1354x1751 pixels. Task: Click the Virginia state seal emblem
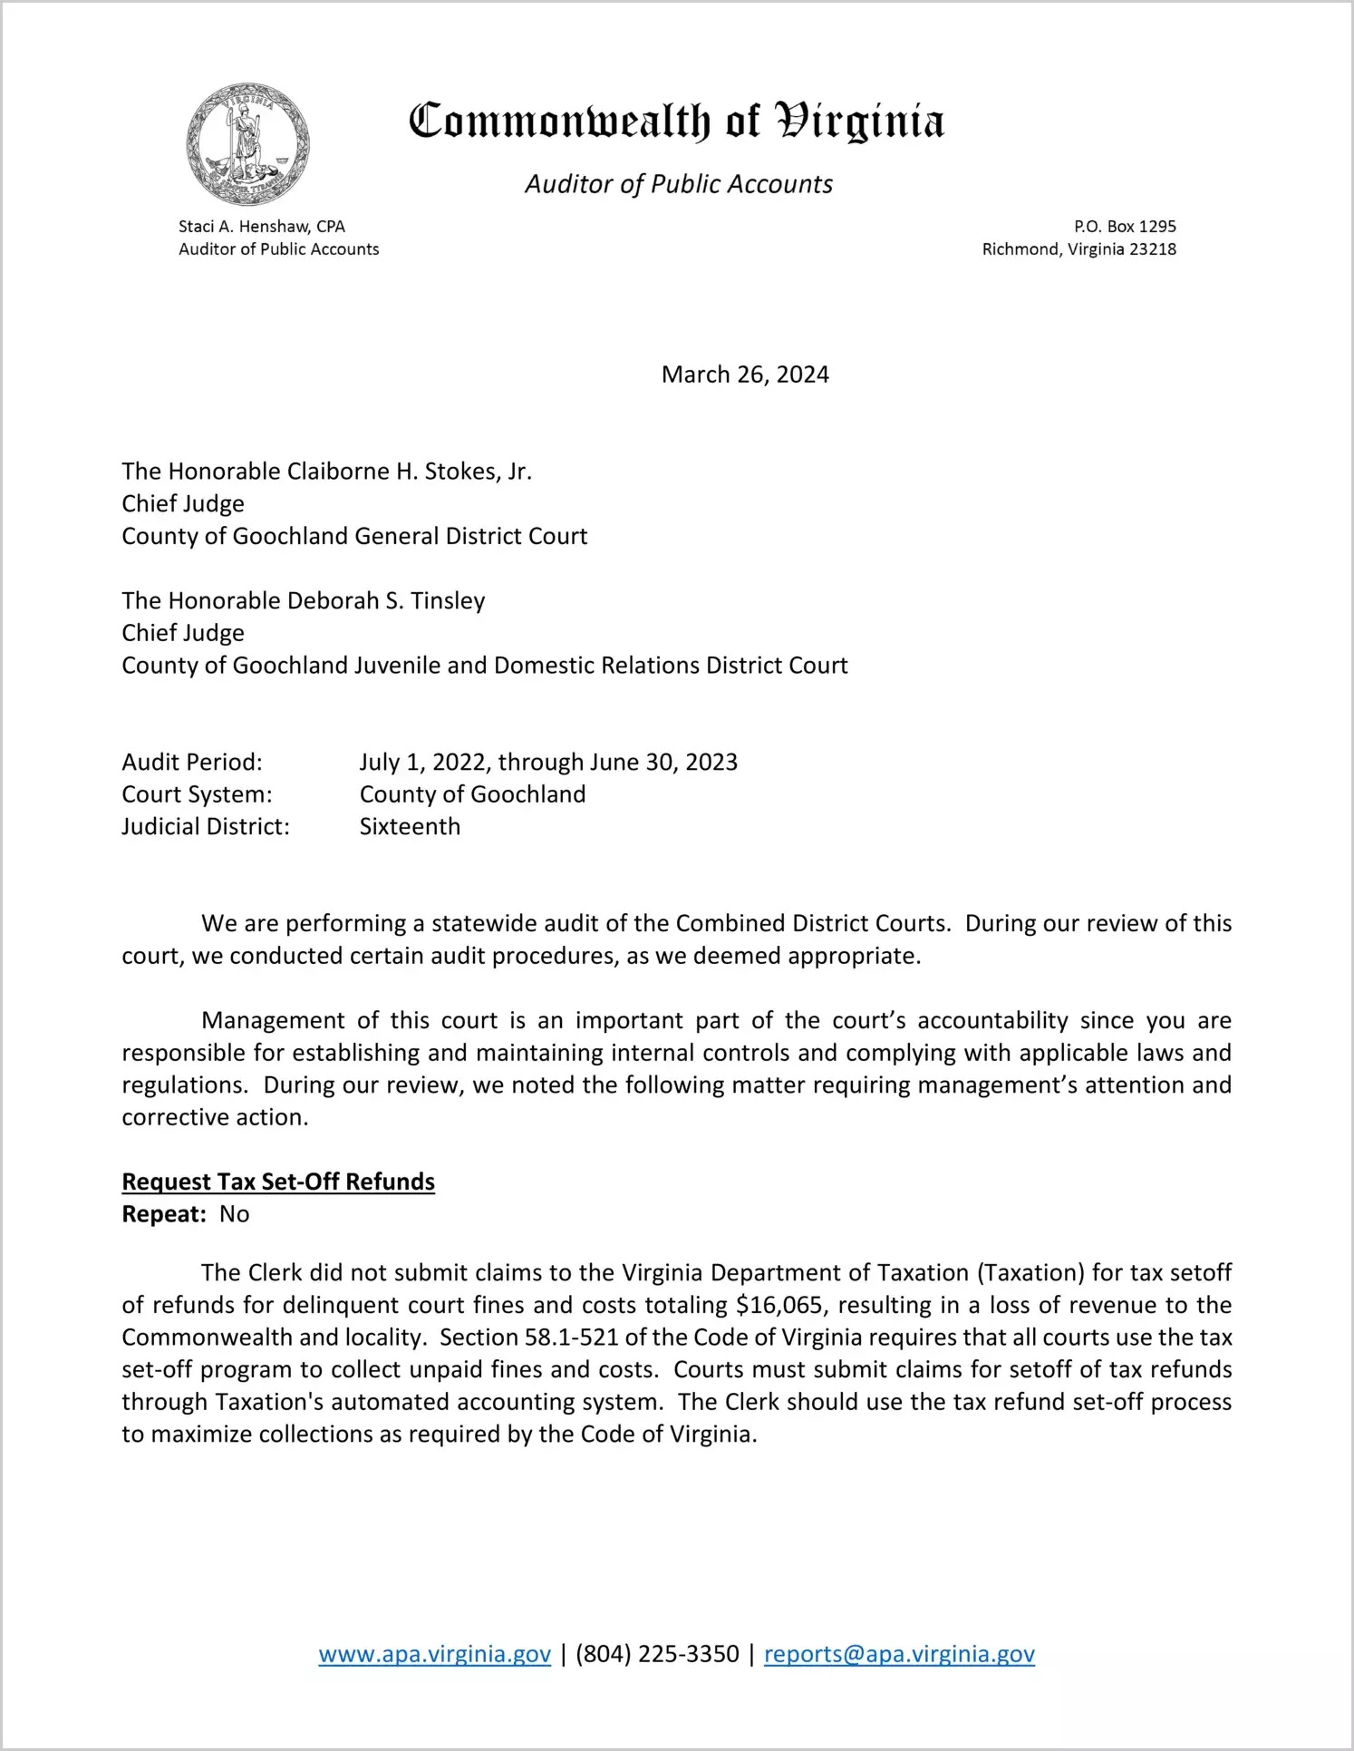tap(247, 144)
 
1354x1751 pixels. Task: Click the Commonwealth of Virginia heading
tap(676, 122)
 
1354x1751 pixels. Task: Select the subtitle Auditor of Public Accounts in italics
tap(679, 184)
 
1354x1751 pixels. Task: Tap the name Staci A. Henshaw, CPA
tap(262, 227)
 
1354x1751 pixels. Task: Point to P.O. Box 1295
tap(1125, 227)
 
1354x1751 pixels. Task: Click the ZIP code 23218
tap(1153, 249)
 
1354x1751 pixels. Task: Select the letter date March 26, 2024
tap(745, 375)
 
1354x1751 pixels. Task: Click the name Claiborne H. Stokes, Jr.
tap(409, 472)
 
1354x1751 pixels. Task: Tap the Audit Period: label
tap(192, 762)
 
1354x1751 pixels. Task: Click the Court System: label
tap(197, 794)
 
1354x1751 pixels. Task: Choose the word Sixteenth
tap(410, 827)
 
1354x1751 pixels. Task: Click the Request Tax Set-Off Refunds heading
tap(278, 1182)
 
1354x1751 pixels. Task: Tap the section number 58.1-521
tap(572, 1338)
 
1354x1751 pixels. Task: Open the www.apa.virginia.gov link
tap(434, 1654)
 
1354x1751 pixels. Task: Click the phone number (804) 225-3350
tap(657, 1654)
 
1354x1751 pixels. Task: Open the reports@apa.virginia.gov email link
tap(899, 1654)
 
